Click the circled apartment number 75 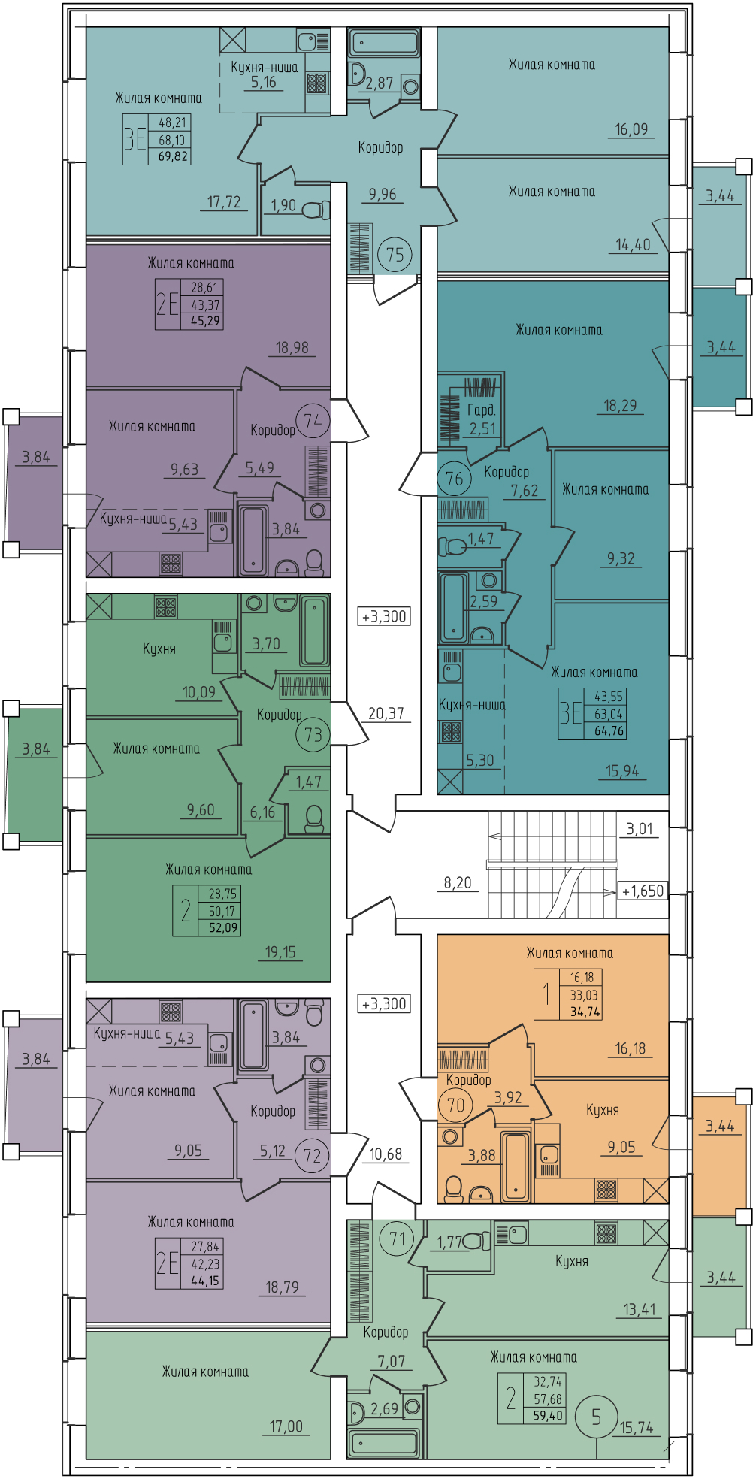coord(395,255)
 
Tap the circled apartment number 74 coord(313,422)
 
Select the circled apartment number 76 coord(454,479)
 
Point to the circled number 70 coord(455,1105)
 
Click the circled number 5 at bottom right coord(597,1417)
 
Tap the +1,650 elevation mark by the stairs coord(643,891)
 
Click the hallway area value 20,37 coord(386,714)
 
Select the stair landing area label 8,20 coord(458,883)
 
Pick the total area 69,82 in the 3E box coord(173,156)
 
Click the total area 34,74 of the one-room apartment coord(585,1012)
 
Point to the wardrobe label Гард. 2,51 coord(482,419)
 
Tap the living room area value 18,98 coord(292,348)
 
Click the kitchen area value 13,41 coord(640,1310)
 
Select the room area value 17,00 coord(286,1426)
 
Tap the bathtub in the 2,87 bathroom coord(383,43)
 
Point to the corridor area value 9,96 coord(383,195)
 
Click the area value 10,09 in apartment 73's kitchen coord(198,692)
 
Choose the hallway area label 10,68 coord(386,1154)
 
